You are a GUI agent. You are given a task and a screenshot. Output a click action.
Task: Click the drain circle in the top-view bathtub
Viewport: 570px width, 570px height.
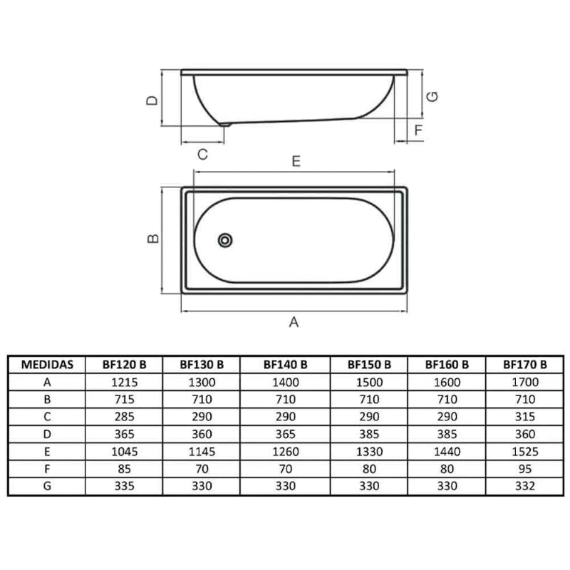click(x=225, y=240)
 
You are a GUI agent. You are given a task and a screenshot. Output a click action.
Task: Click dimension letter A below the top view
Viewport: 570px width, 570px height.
click(x=293, y=323)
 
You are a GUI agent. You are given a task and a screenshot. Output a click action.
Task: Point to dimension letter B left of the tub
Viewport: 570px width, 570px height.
click(x=152, y=239)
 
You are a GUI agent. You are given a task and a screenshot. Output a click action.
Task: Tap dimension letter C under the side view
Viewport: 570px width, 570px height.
click(x=202, y=154)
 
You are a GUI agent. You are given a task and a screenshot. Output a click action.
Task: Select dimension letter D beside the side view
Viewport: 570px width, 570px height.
click(x=152, y=100)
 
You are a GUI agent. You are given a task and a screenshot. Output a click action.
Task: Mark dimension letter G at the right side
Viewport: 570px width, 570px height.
click(x=431, y=96)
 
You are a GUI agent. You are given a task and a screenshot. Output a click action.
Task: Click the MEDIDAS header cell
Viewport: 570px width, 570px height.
click(x=47, y=364)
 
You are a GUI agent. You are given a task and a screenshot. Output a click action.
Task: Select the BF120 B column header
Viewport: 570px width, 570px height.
click(x=124, y=364)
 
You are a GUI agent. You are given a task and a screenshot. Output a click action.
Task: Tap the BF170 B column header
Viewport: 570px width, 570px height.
click(x=524, y=364)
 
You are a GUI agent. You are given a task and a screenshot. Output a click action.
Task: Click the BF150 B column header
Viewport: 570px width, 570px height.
click(x=369, y=364)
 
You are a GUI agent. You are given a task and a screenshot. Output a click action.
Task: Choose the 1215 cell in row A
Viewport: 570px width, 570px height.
click(x=124, y=381)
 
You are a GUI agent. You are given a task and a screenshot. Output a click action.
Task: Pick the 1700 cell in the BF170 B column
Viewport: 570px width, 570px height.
click(x=524, y=381)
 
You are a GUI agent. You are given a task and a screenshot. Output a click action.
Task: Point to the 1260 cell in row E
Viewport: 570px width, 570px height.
click(x=286, y=451)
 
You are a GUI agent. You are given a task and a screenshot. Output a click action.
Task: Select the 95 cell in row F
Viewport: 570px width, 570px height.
click(x=524, y=468)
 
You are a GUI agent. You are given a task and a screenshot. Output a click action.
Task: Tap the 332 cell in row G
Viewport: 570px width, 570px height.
click(x=524, y=485)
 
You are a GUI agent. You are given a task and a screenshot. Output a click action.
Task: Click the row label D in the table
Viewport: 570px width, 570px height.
click(x=47, y=433)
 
